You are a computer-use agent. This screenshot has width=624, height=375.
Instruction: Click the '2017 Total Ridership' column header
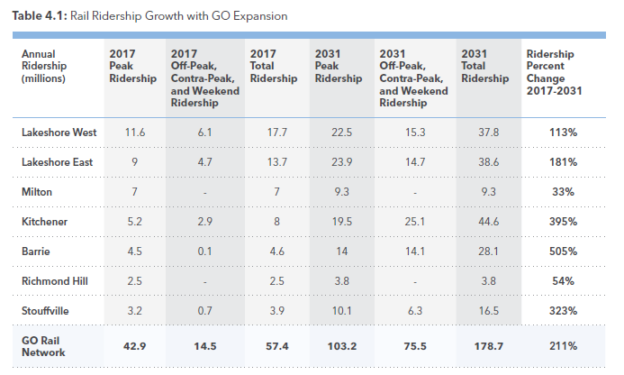pyautogui.click(x=274, y=67)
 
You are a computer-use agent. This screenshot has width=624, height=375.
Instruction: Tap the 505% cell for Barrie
pyautogui.click(x=563, y=251)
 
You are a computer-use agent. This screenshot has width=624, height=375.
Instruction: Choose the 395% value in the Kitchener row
pyautogui.click(x=563, y=221)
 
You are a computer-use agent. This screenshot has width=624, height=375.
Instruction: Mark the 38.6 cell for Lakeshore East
pyautogui.click(x=489, y=162)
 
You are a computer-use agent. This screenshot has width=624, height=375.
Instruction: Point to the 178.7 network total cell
pyautogui.click(x=489, y=345)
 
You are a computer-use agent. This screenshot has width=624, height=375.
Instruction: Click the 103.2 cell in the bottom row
pyautogui.click(x=339, y=345)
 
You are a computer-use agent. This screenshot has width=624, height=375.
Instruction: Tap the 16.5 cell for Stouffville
pyautogui.click(x=489, y=310)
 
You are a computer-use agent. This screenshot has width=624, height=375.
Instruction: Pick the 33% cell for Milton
pyautogui.click(x=563, y=192)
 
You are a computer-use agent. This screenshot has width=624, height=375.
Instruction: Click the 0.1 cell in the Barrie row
pyautogui.click(x=203, y=251)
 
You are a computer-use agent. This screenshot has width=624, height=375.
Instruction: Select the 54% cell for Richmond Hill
pyautogui.click(x=563, y=280)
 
